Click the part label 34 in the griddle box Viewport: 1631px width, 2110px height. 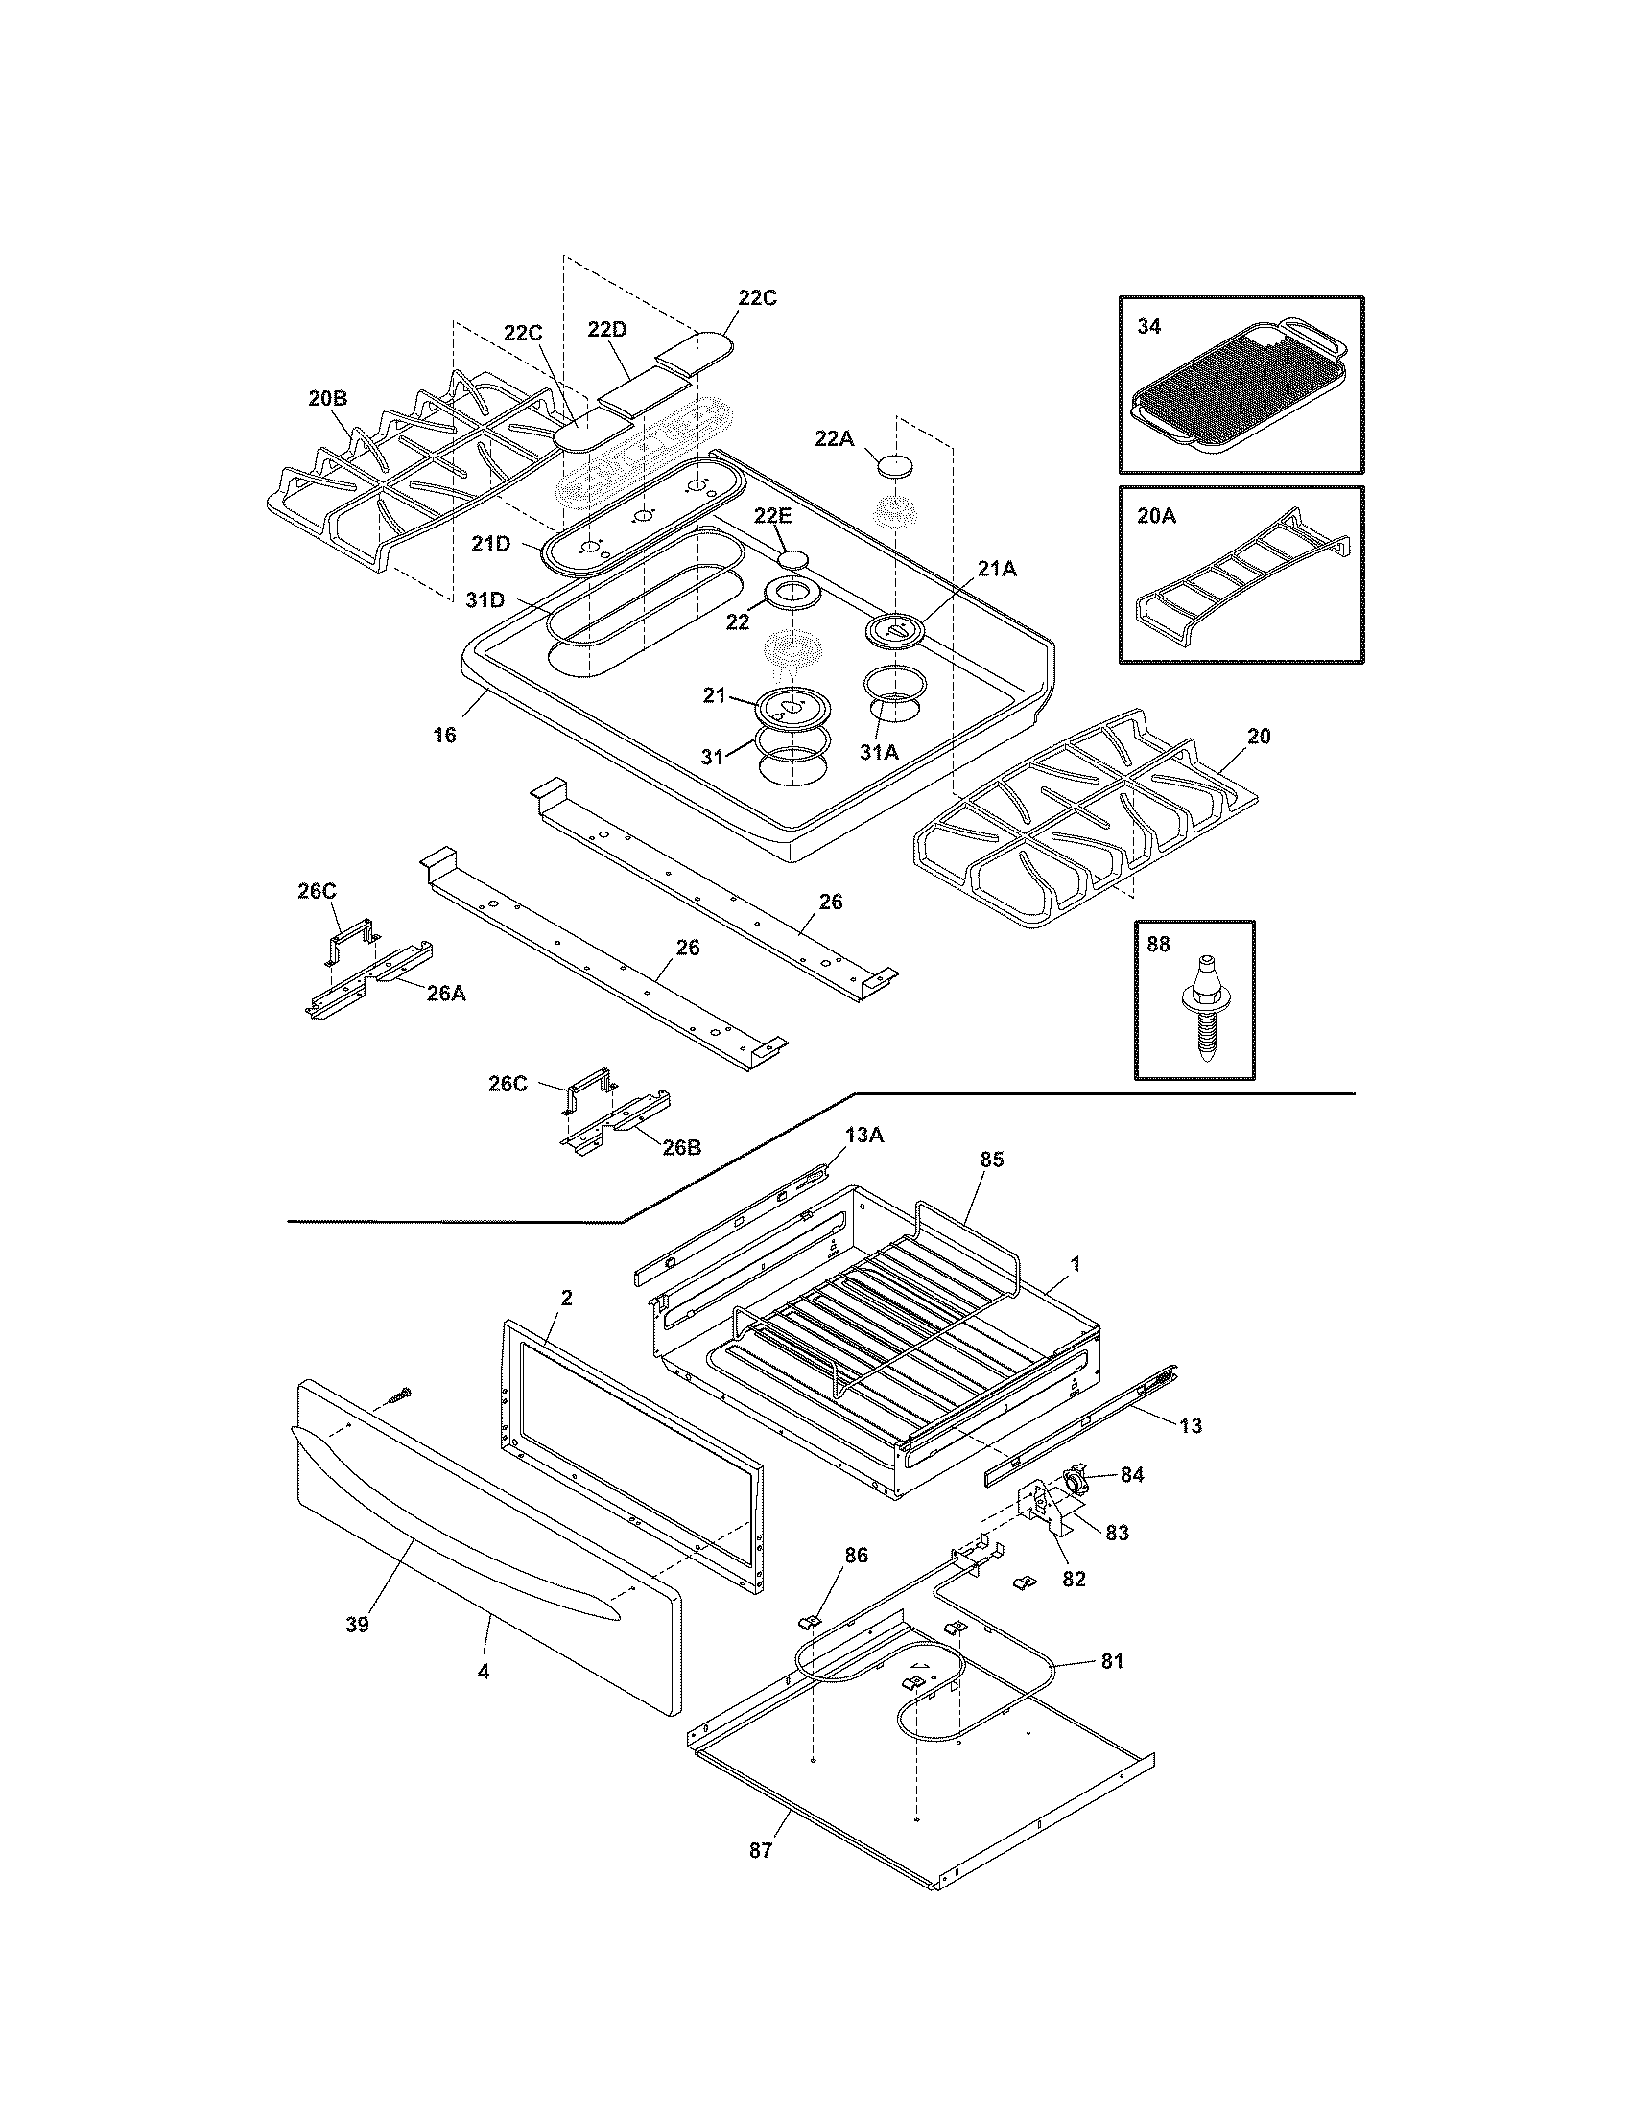(x=1147, y=326)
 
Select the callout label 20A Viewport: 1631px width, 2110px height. (x=1156, y=516)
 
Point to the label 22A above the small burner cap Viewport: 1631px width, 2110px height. (x=834, y=438)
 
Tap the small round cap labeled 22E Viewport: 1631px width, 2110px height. (x=794, y=557)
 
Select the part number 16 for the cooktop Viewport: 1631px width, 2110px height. (x=443, y=736)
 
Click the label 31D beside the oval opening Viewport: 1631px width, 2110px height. (x=485, y=600)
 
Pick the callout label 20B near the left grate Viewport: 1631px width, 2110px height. (x=327, y=397)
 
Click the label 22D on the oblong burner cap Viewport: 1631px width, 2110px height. (x=606, y=329)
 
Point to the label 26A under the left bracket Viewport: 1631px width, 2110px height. (x=445, y=993)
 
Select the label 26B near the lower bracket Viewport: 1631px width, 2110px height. (x=681, y=1147)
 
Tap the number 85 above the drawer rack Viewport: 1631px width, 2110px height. (x=991, y=1160)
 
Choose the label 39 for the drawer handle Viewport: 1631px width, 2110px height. (x=357, y=1624)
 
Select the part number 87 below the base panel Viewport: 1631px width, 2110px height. (x=761, y=1850)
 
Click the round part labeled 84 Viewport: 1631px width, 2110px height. (x=1074, y=1478)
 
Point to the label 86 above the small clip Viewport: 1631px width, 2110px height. (x=856, y=1555)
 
